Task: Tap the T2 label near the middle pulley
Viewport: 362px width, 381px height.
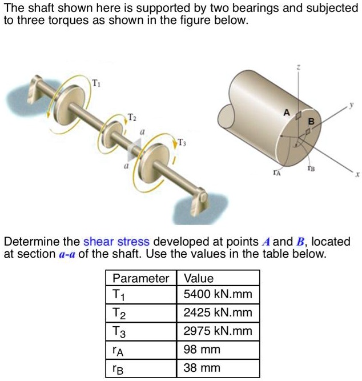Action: [x=131, y=117]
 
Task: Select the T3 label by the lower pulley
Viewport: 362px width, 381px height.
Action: [x=181, y=142]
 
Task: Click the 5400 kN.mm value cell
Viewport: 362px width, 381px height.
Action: [x=217, y=295]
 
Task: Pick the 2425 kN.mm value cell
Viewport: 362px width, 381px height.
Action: [x=217, y=313]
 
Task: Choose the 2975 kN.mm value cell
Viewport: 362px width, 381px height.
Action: [x=217, y=331]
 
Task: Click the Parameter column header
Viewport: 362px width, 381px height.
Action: [x=140, y=278]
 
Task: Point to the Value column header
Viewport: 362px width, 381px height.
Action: [x=198, y=278]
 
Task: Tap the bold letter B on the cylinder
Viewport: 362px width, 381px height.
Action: [x=311, y=121]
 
